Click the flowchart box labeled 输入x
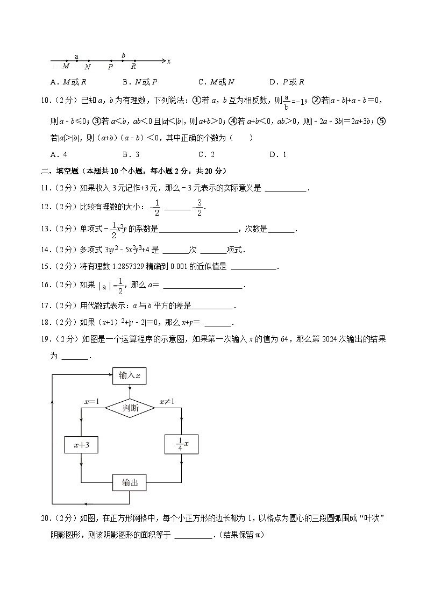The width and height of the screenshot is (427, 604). coord(130,375)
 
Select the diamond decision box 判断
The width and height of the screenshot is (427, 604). coord(130,408)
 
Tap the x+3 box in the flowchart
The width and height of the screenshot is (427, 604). coord(81,444)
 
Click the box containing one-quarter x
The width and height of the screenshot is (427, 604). coord(181,444)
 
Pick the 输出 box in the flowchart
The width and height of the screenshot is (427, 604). coord(130,482)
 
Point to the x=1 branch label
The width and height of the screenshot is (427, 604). coord(91,402)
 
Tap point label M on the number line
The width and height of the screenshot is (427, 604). coord(66,67)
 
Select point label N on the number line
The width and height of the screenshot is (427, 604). coord(88,67)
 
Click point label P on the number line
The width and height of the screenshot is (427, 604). coord(110,67)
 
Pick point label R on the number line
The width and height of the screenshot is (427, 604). coord(133,67)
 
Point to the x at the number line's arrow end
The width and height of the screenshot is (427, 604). coord(169,61)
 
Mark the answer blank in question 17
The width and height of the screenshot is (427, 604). coord(212,306)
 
